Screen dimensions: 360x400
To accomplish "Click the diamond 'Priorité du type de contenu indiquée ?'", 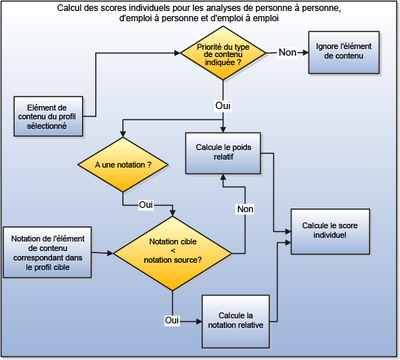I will pyautogui.click(x=223, y=53).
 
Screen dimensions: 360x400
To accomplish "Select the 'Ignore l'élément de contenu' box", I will pyautogui.click(x=344, y=53).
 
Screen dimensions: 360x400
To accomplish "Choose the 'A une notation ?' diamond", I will pyautogui.click(x=123, y=166).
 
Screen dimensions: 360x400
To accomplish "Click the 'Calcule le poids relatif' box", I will pyautogui.click(x=223, y=152).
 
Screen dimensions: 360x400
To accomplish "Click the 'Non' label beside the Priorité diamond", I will pyautogui.click(x=287, y=53).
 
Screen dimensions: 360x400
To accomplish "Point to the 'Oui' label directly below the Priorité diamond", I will pyautogui.click(x=223, y=106).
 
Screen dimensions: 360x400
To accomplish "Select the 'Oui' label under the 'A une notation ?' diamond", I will pyautogui.click(x=147, y=204).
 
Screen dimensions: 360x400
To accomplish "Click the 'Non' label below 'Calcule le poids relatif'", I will pyautogui.click(x=245, y=209).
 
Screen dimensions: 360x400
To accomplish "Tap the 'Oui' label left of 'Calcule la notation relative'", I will pyautogui.click(x=172, y=320).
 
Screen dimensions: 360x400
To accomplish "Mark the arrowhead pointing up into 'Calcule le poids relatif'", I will pyautogui.click(x=223, y=178).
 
